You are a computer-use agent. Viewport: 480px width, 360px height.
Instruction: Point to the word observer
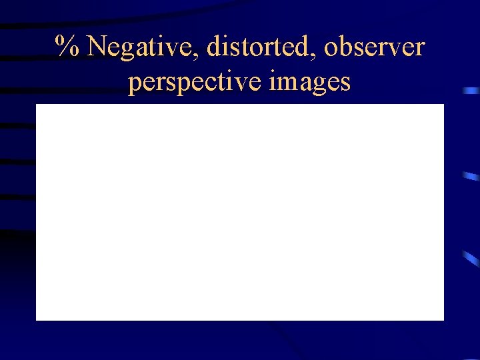tap(374, 48)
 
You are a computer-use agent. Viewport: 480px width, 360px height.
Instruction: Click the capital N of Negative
tap(98, 47)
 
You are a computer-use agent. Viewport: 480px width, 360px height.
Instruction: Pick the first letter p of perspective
tap(135, 85)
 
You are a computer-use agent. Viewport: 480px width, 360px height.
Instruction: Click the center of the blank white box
tap(240, 212)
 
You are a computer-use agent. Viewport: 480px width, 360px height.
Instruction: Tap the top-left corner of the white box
tap(37, 105)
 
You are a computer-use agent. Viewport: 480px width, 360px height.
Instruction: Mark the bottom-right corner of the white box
tap(443, 319)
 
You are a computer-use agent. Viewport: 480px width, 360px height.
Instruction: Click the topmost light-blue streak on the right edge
tap(472, 90)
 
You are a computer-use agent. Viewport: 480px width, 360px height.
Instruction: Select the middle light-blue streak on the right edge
tap(471, 177)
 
